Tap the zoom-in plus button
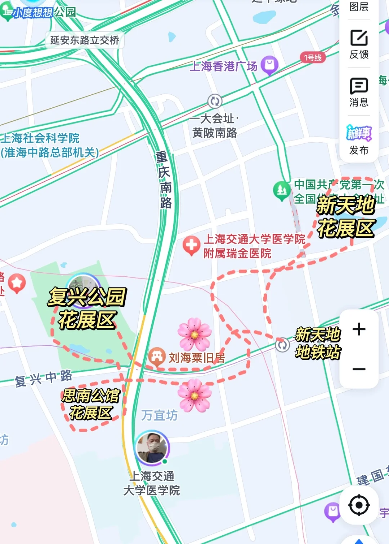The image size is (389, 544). pyautogui.click(x=359, y=329)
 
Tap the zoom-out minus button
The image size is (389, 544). pyautogui.click(x=359, y=369)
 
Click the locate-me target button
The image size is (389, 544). pyautogui.click(x=359, y=505)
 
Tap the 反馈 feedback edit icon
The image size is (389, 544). pyautogui.click(x=359, y=38)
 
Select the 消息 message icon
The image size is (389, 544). pyautogui.click(x=359, y=86)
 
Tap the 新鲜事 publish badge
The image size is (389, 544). pyautogui.click(x=359, y=133)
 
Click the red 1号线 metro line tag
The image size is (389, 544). pyautogui.click(x=312, y=58)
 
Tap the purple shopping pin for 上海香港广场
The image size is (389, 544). pyautogui.click(x=269, y=65)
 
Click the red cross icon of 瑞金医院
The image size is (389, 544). pyautogui.click(x=191, y=245)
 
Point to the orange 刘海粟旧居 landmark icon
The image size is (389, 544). pyautogui.click(x=157, y=356)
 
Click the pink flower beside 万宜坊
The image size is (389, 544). pyautogui.click(x=194, y=396)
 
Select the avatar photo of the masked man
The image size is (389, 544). pyautogui.click(x=152, y=448)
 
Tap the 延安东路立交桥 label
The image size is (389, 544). pyautogui.click(x=85, y=40)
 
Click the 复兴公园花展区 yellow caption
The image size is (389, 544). pyautogui.click(x=87, y=308)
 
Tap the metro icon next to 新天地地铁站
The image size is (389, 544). pyautogui.click(x=282, y=345)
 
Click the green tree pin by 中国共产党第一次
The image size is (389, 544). pyautogui.click(x=282, y=190)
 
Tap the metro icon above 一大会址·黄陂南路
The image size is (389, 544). pyautogui.click(x=215, y=101)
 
